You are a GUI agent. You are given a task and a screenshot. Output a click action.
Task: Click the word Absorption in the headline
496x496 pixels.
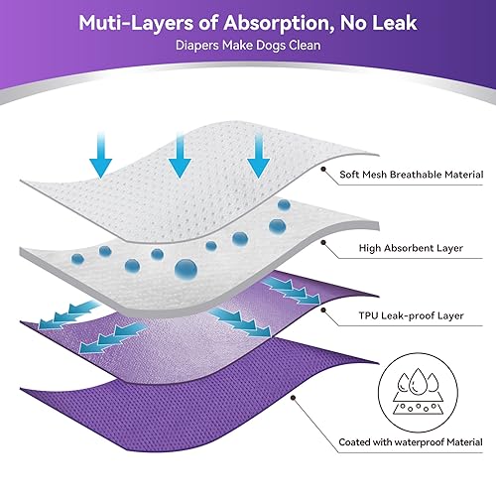pyautogui.click(x=279, y=24)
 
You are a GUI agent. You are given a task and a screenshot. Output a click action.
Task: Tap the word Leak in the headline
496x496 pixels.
pyautogui.click(x=395, y=23)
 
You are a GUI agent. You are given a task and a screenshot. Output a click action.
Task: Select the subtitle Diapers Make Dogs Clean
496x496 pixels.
pyautogui.click(x=248, y=46)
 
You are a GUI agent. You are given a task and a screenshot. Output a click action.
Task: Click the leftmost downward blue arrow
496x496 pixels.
pyautogui.click(x=101, y=155)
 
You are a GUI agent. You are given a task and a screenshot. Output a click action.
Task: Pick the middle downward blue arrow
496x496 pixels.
pyautogui.click(x=180, y=155)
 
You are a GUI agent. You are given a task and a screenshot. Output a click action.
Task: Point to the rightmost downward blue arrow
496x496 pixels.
pyautogui.click(x=259, y=155)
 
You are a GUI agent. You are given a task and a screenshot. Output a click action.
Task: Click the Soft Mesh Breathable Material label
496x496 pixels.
pyautogui.click(x=412, y=175)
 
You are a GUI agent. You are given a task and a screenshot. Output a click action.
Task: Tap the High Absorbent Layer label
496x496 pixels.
pyautogui.click(x=411, y=248)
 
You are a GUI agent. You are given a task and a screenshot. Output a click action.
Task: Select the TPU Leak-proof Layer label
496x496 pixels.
pyautogui.click(x=411, y=315)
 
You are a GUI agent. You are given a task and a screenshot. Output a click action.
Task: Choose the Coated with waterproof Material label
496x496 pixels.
pyautogui.click(x=411, y=442)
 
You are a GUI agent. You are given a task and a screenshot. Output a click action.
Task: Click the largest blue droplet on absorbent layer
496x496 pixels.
pyautogui.click(x=186, y=269)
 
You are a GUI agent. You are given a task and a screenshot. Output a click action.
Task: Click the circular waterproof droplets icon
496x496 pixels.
pyautogui.click(x=418, y=392)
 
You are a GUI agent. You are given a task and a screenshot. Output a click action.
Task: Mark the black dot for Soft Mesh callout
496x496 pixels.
pyautogui.click(x=323, y=169)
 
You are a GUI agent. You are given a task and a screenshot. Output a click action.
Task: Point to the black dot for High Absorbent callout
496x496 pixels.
pyautogui.click(x=323, y=242)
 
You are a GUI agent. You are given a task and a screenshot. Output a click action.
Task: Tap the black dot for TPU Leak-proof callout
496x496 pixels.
pyautogui.click(x=323, y=310)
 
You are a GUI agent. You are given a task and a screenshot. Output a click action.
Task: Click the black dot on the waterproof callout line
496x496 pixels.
pyautogui.click(x=293, y=397)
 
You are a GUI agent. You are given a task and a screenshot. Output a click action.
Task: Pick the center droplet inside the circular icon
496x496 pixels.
pyautogui.click(x=418, y=382)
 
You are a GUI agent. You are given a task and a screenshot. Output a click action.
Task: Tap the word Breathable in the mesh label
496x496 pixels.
pyautogui.click(x=416, y=175)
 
